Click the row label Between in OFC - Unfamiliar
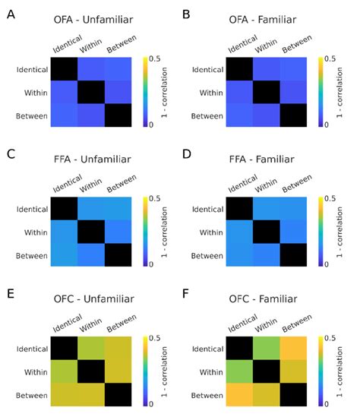tap(29, 395)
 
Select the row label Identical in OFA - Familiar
tap(197, 69)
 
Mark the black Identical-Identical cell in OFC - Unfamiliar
tap(65, 349)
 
